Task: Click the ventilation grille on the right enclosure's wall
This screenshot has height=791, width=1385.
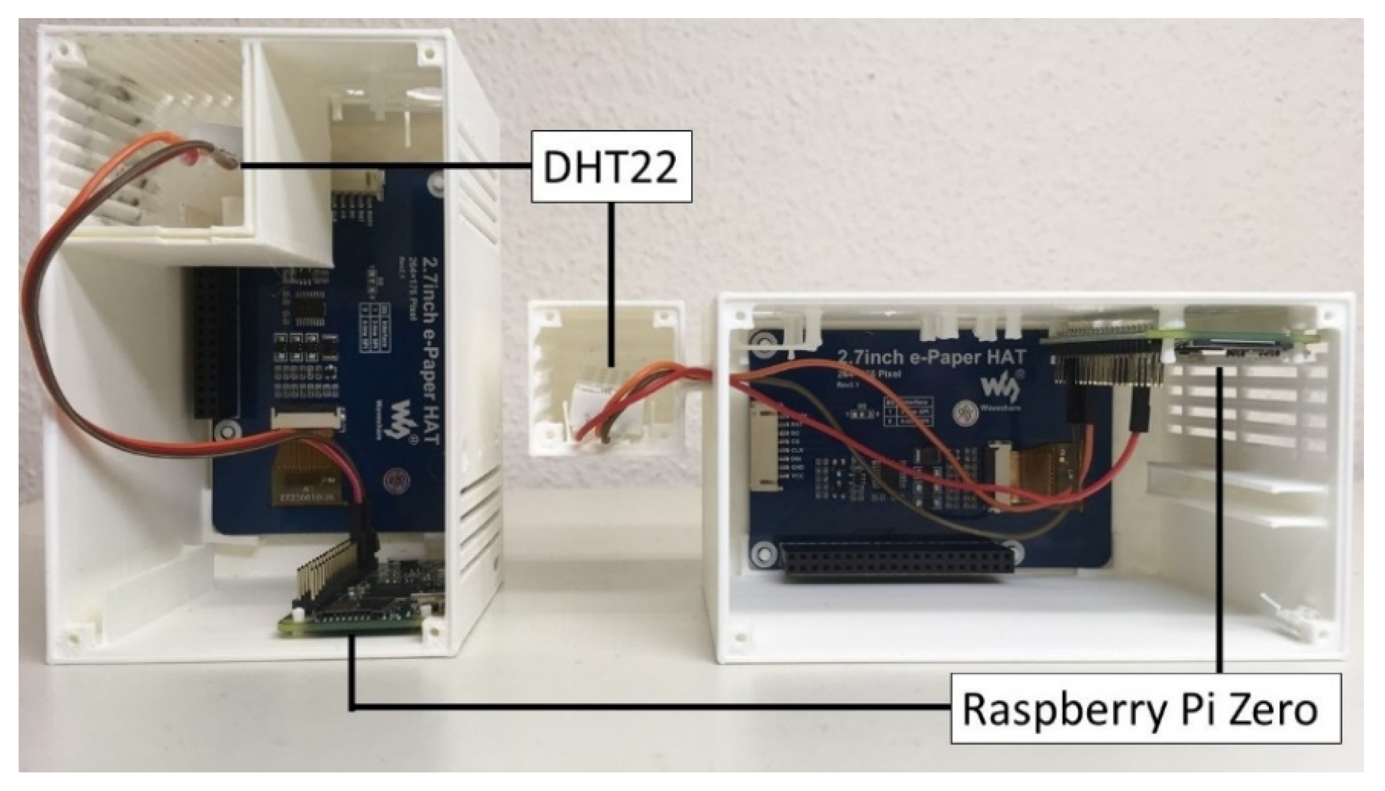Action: click(x=1250, y=413)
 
